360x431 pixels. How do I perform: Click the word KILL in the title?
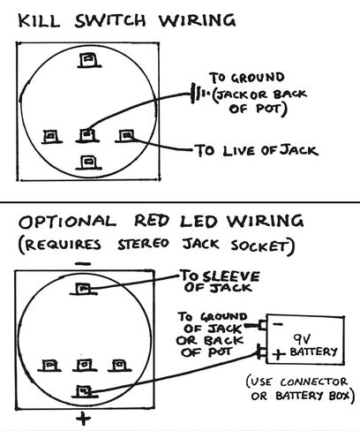[39, 21]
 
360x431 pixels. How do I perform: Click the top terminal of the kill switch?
[89, 60]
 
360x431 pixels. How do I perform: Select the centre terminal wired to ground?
[87, 136]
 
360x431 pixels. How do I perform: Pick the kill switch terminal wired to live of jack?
[126, 136]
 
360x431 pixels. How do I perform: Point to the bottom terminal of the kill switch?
[88, 163]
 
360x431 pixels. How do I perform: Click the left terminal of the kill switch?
[52, 137]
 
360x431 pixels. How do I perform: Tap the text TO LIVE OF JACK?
[257, 150]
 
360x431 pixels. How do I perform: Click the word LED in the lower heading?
[199, 221]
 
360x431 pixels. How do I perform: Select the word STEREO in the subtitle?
[143, 245]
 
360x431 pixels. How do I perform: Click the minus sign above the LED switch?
[83, 264]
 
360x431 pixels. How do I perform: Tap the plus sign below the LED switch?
[83, 419]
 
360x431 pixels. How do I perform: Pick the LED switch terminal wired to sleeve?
[83, 289]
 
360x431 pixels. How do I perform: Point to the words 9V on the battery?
[302, 339]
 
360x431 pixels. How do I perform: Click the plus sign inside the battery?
[279, 353]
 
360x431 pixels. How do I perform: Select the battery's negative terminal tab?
[263, 325]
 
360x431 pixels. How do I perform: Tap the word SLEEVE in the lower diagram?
[231, 276]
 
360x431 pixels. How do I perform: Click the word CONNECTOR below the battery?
[313, 382]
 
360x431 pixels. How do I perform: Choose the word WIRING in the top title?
[197, 20]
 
